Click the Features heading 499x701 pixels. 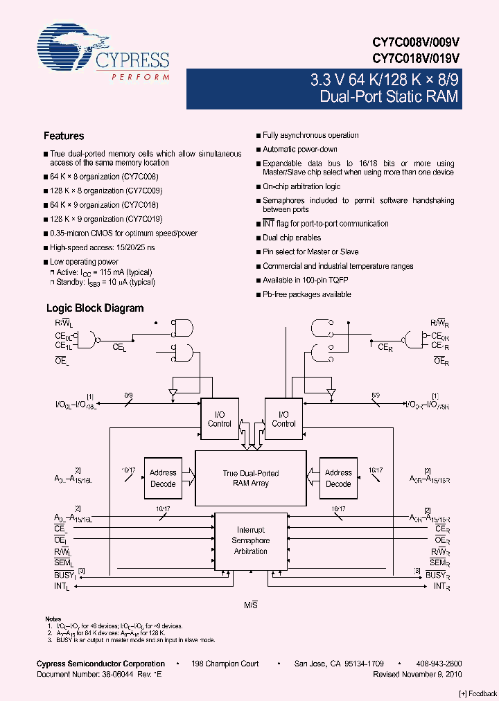coord(64,136)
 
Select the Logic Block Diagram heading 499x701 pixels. coord(95,308)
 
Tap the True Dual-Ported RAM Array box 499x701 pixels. coord(251,478)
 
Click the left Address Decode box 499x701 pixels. coord(163,478)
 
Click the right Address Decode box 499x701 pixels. coord(338,478)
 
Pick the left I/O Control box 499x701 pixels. coord(220,419)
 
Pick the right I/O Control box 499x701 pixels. coord(283,419)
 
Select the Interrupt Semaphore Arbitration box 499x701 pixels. coord(251,540)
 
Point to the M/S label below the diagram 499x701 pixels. coord(251,605)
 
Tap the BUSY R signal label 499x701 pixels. coord(437,575)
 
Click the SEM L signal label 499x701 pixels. coord(63,563)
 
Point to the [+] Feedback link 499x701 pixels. coord(478,693)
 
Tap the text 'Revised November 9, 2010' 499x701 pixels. coord(417,673)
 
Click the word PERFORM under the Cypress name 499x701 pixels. coord(140,77)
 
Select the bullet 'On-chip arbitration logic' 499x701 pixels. coord(301,187)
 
